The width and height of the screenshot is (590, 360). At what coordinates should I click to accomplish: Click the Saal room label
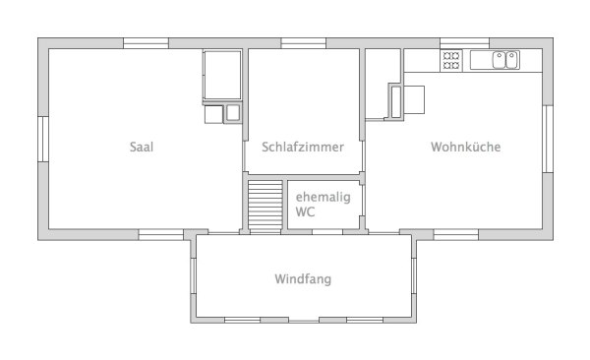point(142,148)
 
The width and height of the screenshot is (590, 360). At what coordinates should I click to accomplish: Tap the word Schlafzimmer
point(303,148)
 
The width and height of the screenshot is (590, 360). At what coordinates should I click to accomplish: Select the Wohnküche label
point(466,148)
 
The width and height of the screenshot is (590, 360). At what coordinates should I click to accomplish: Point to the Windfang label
point(303,279)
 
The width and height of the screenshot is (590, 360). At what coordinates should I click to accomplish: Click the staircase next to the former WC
point(265,206)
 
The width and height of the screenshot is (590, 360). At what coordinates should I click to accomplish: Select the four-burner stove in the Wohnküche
point(452,60)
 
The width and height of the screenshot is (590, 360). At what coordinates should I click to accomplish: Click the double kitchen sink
point(506,60)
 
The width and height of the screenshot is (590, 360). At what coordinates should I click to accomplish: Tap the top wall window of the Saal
point(146,43)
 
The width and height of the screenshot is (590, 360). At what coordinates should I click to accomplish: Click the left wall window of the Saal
point(42,138)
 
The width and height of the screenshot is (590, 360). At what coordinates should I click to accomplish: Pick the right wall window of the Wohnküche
point(547,138)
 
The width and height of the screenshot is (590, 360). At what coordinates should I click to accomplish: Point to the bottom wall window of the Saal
point(160,233)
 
